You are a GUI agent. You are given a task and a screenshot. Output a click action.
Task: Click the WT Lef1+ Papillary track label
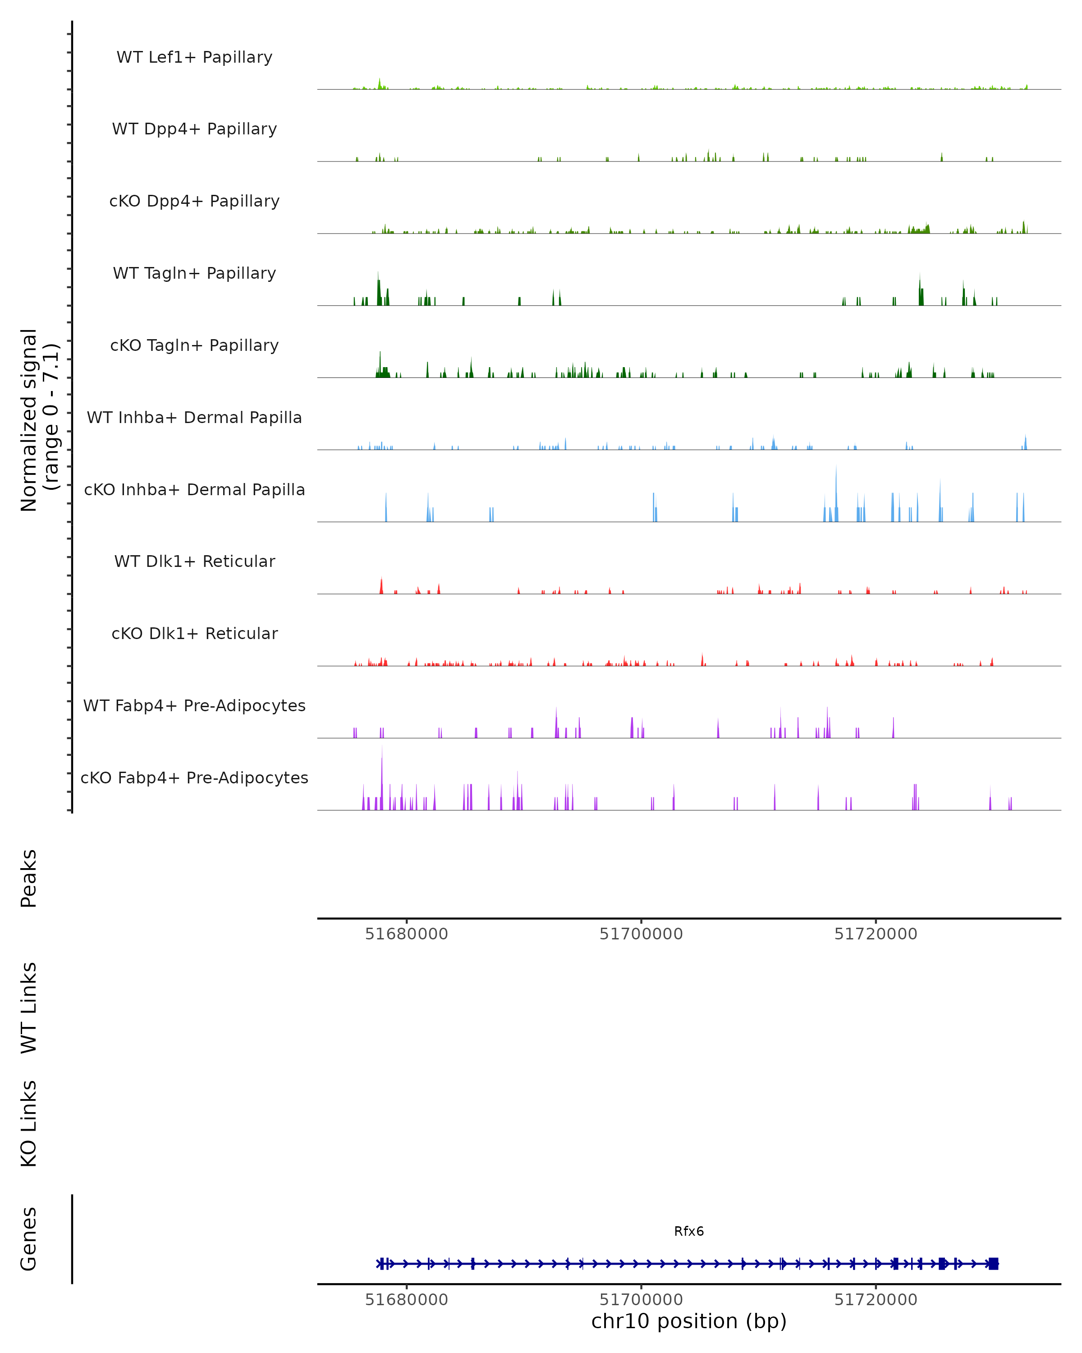tap(194, 57)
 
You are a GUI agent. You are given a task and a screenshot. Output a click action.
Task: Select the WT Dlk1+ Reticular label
tap(194, 561)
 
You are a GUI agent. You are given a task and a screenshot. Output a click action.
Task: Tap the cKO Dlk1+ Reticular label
tap(194, 633)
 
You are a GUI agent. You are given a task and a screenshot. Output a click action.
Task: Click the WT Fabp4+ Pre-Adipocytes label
tap(194, 705)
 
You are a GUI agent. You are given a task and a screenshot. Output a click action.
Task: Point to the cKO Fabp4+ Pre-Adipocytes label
tap(194, 778)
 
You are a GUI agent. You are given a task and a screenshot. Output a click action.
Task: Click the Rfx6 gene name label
tap(689, 1231)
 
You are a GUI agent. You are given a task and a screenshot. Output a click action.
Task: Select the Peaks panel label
tap(29, 878)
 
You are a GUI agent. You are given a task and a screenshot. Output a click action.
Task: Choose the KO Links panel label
tap(29, 1123)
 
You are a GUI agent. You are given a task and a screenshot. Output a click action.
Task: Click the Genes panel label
tap(29, 1239)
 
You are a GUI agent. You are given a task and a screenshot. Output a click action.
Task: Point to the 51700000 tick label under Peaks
tap(641, 934)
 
